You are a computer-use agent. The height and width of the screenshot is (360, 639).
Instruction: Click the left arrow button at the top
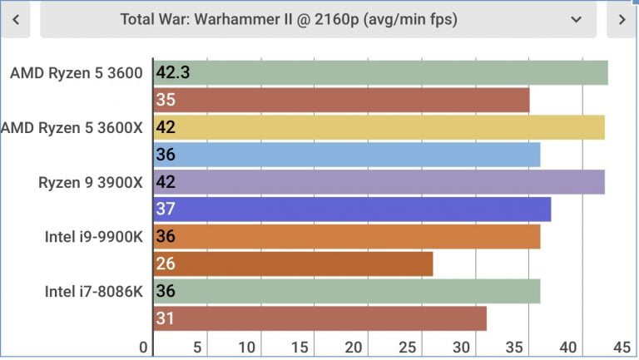pos(16,19)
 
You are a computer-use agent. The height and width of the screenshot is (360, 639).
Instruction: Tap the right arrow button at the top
pos(622,19)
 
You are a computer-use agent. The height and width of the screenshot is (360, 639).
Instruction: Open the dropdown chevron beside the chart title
pos(576,19)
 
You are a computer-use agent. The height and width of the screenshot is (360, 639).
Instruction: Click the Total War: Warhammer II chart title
pos(289,19)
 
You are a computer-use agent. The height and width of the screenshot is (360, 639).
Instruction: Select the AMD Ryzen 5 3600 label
pos(77,72)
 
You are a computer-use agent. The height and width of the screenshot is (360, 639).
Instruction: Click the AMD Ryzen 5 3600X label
pos(72,127)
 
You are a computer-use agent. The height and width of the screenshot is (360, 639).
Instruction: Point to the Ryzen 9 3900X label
pos(91,182)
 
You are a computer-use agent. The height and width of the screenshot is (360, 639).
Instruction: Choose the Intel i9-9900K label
pos(94,237)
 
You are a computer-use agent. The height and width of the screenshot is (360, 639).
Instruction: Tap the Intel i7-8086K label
pos(94,292)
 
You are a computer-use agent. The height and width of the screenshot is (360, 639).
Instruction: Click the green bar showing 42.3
pos(381,72)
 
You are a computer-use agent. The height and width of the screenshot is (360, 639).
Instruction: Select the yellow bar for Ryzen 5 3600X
pos(379,127)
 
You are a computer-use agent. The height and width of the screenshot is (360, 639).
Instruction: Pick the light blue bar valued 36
pos(347,155)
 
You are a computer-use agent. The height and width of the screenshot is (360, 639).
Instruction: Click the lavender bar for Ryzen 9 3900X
pos(379,182)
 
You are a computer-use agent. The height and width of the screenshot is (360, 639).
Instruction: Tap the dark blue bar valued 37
pos(353,210)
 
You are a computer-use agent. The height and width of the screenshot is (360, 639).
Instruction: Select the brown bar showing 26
pos(294,264)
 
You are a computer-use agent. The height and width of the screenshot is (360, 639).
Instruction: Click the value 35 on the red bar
pos(165,101)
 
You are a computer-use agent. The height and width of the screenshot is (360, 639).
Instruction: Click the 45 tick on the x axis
pos(622,347)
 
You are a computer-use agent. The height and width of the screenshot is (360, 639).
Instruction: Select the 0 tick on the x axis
pos(144,347)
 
